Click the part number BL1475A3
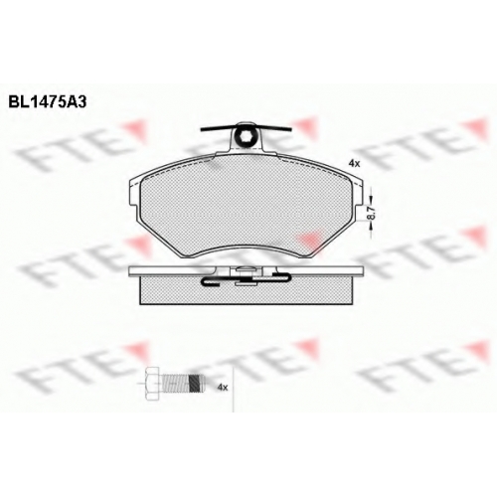(48, 102)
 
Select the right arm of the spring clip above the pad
(273, 128)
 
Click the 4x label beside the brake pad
(354, 163)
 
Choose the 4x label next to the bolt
(223, 387)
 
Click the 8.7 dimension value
(371, 213)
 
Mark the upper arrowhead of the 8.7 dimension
(371, 200)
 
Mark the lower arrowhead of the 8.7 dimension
(371, 226)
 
